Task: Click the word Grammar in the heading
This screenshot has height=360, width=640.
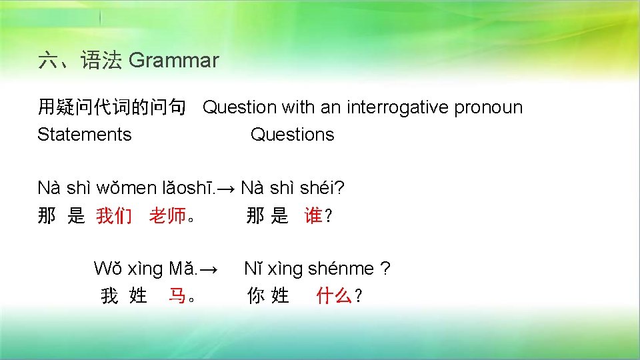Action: pos(173,61)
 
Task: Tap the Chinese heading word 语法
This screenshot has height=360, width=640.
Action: pos(101,61)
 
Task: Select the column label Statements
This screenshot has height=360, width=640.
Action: pos(85,135)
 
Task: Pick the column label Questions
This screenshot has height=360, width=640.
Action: pos(292,135)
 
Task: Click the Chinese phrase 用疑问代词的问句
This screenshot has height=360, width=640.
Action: pos(111,107)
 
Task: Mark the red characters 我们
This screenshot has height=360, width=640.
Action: pos(114,216)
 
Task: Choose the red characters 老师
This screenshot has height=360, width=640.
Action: pos(167,216)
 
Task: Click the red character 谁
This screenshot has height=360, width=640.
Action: pos(313,216)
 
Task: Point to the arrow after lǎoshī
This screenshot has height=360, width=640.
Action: pos(227,189)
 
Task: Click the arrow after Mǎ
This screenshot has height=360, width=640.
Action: pos(209,269)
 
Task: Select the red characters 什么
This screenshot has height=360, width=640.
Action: pos(334,296)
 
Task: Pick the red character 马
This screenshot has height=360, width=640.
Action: pos(177,296)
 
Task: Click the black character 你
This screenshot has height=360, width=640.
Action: pos(255,296)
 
